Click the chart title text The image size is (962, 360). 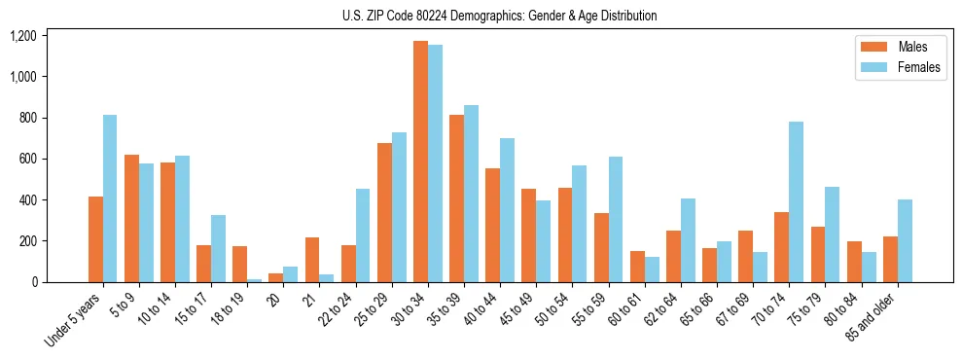pos(500,16)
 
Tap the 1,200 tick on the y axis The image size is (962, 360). pos(22,36)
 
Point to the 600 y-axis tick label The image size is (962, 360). pos(27,159)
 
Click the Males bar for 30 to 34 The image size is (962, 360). pos(420,162)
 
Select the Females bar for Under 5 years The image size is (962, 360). pos(110,198)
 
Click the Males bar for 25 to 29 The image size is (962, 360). pos(384,212)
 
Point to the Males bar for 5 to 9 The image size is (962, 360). pos(131,218)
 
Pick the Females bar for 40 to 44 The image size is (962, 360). pos(507,210)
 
